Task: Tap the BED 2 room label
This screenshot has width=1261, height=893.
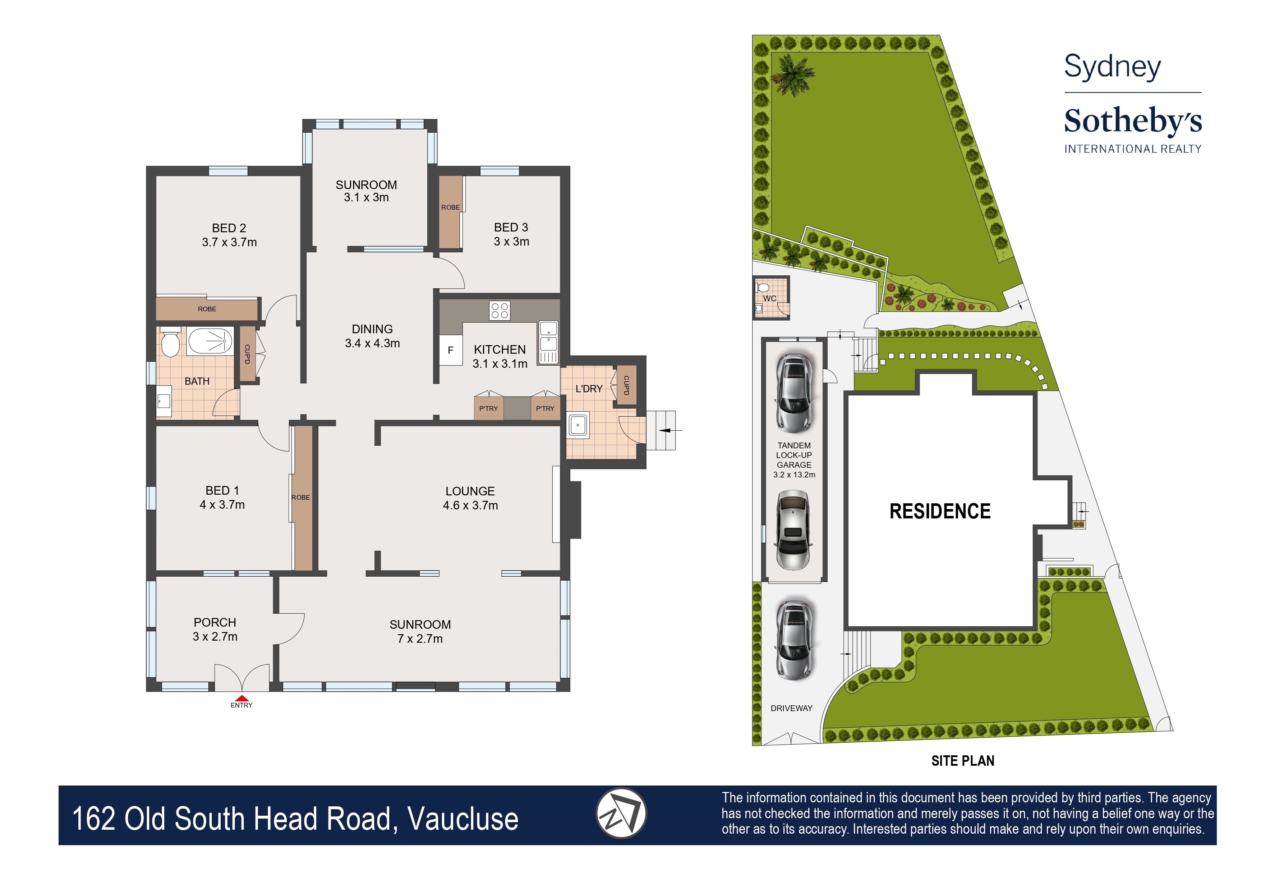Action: (x=229, y=235)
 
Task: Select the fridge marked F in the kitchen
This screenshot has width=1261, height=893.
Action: (x=451, y=350)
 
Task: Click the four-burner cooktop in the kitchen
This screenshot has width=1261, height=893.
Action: (x=500, y=310)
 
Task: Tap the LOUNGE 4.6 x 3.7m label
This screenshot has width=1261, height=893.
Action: (x=470, y=498)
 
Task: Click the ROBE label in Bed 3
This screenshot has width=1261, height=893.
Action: (x=450, y=207)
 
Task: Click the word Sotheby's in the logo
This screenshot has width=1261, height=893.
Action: (x=1133, y=122)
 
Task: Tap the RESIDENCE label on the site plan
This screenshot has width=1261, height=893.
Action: (x=940, y=511)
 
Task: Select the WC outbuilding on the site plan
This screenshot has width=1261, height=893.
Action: (x=771, y=297)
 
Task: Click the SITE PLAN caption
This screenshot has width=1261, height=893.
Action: (x=962, y=761)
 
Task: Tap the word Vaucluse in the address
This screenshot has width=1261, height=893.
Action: (x=463, y=819)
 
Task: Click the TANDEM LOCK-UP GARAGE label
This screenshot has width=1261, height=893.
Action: (x=794, y=460)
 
